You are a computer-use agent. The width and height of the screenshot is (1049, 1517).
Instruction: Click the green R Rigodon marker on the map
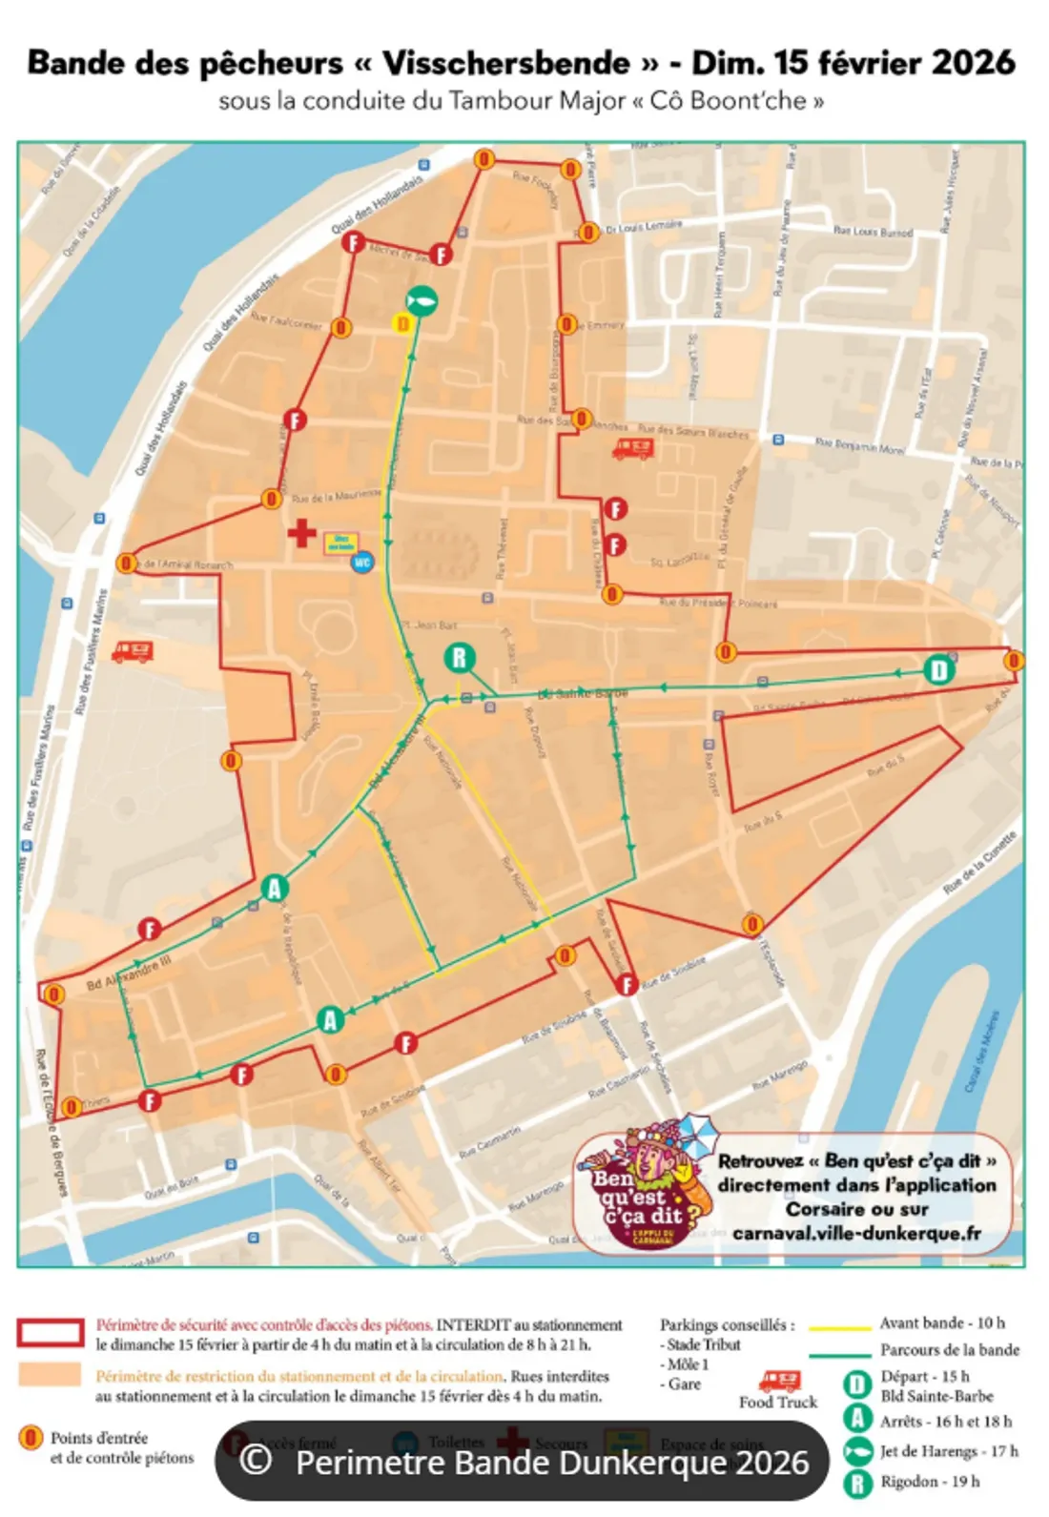pos(460,658)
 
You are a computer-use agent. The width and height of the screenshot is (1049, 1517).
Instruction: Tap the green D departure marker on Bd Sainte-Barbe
pos(938,669)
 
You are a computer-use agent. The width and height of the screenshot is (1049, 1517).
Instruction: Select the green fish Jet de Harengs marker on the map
pos(421,300)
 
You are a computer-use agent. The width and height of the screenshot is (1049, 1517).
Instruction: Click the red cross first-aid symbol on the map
pos(302,533)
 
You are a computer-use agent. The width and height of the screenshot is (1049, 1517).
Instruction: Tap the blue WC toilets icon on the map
pos(362,563)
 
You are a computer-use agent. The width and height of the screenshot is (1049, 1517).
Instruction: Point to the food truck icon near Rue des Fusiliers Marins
pos(133,651)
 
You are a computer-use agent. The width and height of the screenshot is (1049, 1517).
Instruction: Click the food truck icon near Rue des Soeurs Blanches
pos(632,447)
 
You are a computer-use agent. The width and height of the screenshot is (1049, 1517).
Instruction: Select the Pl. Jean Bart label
pos(429,625)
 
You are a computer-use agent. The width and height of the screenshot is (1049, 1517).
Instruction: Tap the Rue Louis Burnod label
pos(873,232)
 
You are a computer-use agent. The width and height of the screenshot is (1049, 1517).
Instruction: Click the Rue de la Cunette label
pos(980,863)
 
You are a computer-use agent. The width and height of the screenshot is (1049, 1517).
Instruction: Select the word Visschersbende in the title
pos(506,63)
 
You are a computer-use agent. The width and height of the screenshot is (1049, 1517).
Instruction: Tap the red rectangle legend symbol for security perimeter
pos(50,1333)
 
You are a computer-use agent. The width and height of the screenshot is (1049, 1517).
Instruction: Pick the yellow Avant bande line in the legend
pos(839,1325)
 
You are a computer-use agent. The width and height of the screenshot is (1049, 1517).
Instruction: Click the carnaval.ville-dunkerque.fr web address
pos(856,1233)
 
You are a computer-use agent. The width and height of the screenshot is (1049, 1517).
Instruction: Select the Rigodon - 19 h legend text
pos(929,1481)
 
